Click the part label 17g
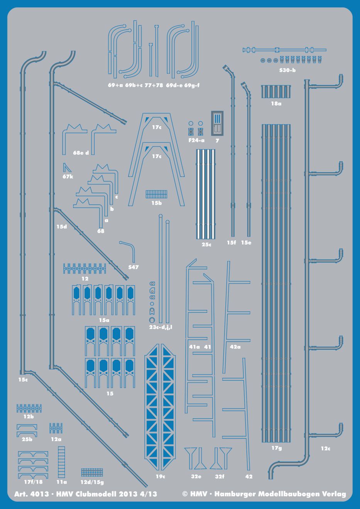tap(276, 448)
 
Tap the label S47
tap(134, 267)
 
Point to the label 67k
tap(68, 177)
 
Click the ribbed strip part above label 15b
tap(156, 194)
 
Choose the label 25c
tap(206, 244)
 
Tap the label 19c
tap(161, 477)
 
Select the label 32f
tap(220, 477)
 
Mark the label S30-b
tap(287, 70)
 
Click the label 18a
tap(276, 104)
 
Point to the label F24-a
tap(197, 141)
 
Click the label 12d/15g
tap(91, 482)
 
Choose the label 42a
tap(235, 347)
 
